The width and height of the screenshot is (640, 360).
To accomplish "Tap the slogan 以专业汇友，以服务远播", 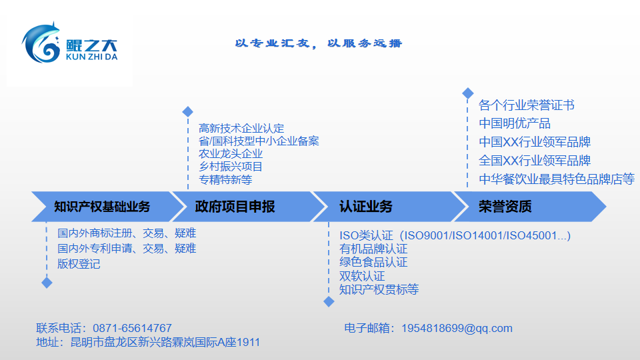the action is [x=319, y=43].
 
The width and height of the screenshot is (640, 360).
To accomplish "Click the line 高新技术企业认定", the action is [x=241, y=128].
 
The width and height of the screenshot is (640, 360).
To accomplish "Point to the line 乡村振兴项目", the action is [x=231, y=167].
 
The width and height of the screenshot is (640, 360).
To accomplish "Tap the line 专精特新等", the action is [x=225, y=179].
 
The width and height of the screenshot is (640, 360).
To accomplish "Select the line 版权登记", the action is [x=79, y=264].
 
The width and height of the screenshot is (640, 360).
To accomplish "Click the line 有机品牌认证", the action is [x=373, y=249].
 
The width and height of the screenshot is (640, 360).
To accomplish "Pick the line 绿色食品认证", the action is [x=373, y=262].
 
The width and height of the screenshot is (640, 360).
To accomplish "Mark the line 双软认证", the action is [x=362, y=276].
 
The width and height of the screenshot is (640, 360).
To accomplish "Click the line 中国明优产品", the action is [x=515, y=123].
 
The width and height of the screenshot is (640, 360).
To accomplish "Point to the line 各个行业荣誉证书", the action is [x=527, y=105].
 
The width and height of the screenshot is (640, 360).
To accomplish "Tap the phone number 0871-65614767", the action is [x=132, y=328].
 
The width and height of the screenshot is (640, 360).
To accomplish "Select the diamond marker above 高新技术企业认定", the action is [x=187, y=111].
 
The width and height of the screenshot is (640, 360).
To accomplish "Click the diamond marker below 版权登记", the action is [x=47, y=283].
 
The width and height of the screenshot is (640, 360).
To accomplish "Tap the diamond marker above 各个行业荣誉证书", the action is [x=468, y=93].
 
